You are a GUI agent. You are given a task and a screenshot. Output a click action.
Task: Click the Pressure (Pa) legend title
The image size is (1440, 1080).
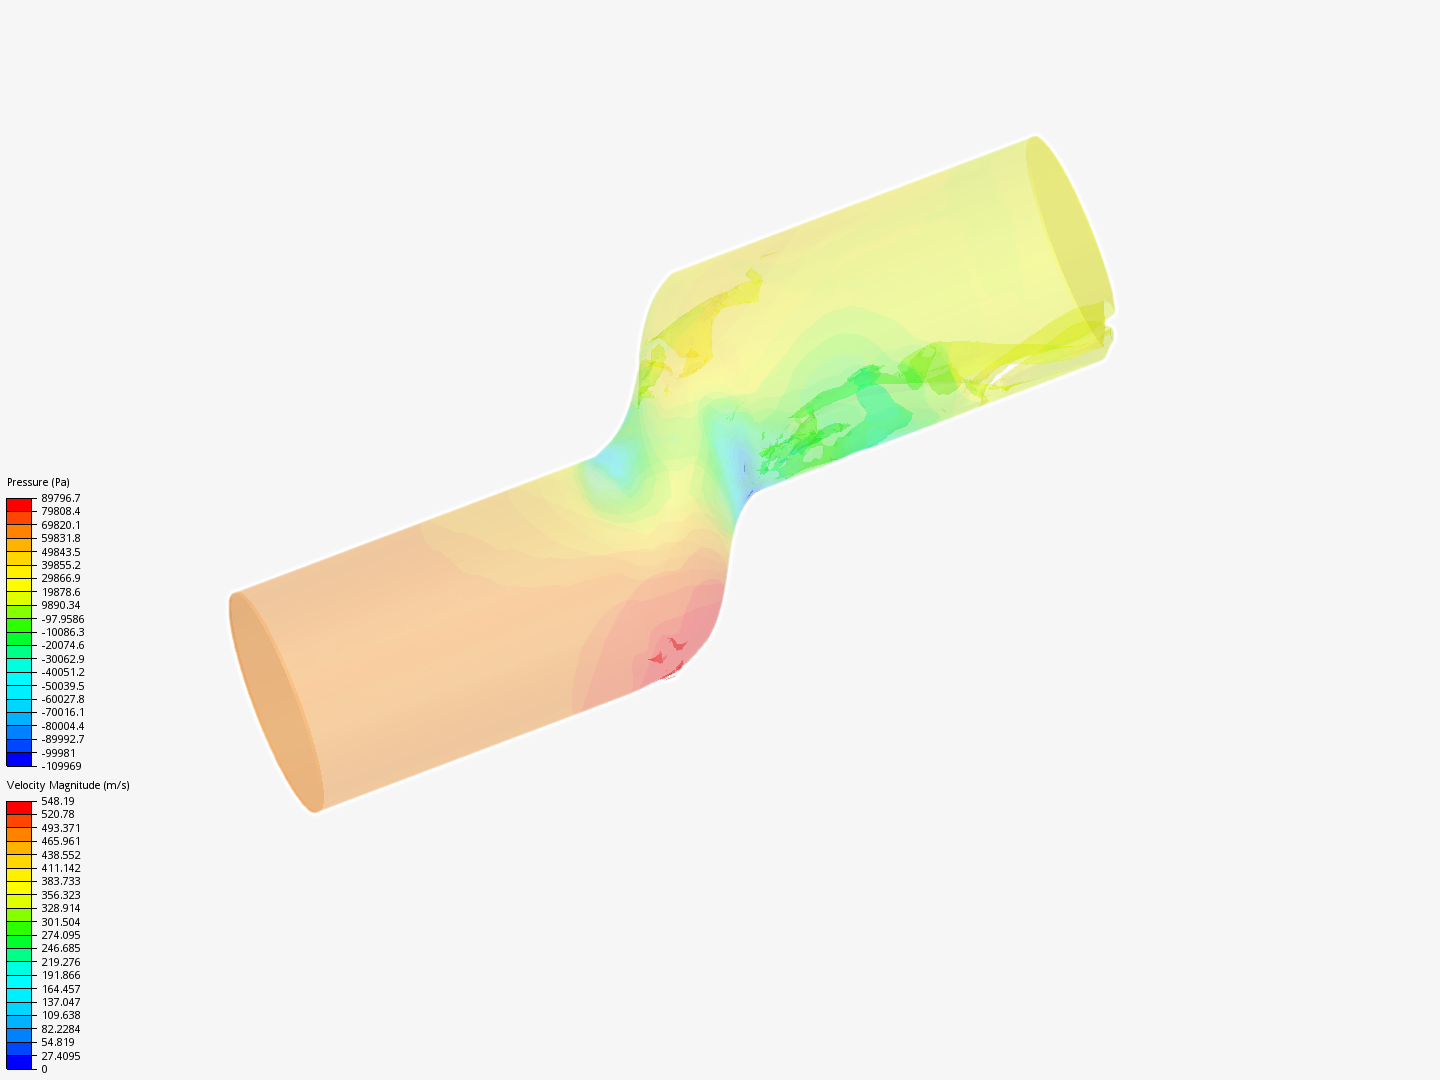pyautogui.click(x=38, y=482)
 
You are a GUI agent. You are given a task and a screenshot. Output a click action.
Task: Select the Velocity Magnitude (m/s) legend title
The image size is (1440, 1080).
pyautogui.click(x=68, y=785)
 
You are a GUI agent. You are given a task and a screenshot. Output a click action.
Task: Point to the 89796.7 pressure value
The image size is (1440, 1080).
pyautogui.click(x=61, y=498)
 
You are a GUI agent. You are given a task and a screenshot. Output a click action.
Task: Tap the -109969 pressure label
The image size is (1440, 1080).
pyautogui.click(x=62, y=766)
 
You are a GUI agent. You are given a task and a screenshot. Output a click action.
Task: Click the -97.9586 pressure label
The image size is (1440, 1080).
pyautogui.click(x=63, y=619)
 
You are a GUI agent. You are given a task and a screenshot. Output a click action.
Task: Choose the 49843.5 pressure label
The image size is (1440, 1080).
pyautogui.click(x=61, y=552)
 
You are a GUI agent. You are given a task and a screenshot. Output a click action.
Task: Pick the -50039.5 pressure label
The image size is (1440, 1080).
pyautogui.click(x=63, y=686)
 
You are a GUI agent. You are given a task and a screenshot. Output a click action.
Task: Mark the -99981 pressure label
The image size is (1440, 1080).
pyautogui.click(x=58, y=753)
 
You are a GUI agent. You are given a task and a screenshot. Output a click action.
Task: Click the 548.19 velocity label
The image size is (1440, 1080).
pyautogui.click(x=58, y=801)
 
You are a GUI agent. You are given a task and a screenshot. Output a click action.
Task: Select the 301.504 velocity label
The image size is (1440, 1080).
pyautogui.click(x=61, y=922)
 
